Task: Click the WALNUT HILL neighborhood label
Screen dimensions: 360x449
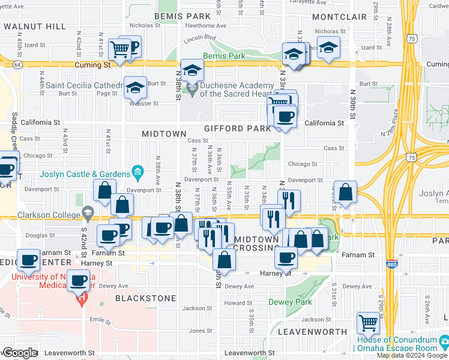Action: pos(34,26)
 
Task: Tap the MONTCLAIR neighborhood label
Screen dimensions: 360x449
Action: pos(340,16)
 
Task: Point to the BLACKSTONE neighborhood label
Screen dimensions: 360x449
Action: pos(146,298)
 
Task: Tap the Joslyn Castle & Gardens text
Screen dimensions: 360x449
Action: pos(86,175)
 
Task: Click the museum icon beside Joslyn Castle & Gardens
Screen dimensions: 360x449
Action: pos(137,174)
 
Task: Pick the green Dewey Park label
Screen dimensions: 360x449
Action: pos(291,302)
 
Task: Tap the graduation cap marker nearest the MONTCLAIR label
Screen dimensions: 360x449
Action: pos(328,47)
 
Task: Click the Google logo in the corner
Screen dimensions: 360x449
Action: pos(19,353)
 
